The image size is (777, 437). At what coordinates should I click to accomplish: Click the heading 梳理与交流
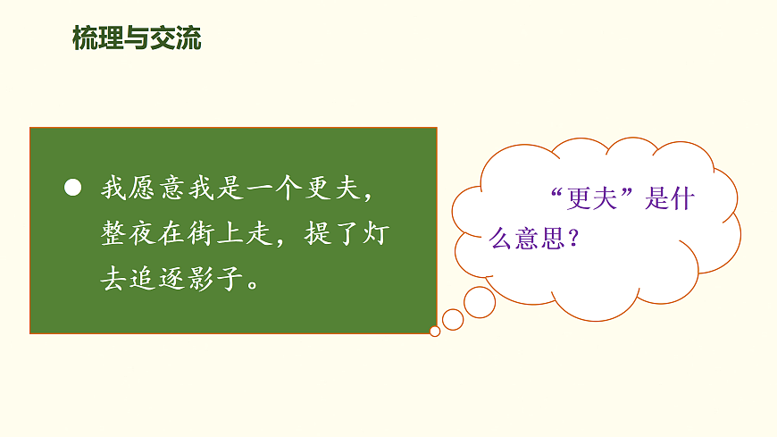pos(137,38)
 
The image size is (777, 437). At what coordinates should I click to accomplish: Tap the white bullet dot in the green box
pos(73,189)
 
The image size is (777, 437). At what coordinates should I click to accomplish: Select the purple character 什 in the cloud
pos(682,200)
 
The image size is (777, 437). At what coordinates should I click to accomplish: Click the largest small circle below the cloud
pos(480,302)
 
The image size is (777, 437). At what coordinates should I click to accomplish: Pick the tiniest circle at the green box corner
pos(435,331)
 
